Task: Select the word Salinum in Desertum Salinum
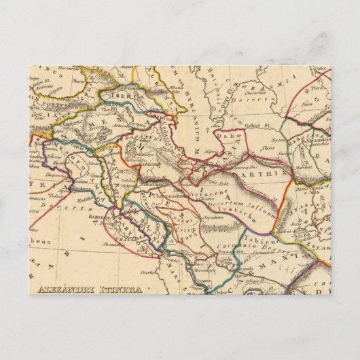[x=265, y=206]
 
